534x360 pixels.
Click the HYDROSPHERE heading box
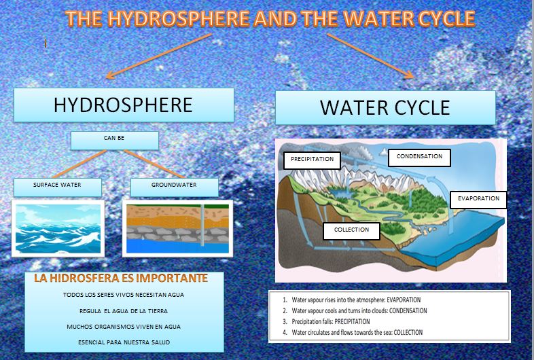[123, 105]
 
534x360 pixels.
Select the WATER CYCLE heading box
[385, 107]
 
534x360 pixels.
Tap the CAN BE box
[114, 140]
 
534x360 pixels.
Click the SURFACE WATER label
[57, 186]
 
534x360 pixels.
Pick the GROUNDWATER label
[175, 186]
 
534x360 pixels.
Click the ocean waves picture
[58, 228]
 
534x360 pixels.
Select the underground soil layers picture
[175, 228]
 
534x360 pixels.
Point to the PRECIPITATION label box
[312, 160]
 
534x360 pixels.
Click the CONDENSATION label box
[419, 157]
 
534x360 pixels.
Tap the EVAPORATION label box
[478, 199]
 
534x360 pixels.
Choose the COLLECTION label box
[351, 230]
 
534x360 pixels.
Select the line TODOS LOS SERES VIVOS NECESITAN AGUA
[123, 295]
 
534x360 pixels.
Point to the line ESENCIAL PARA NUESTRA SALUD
[123, 342]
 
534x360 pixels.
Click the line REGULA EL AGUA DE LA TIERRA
[123, 311]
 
